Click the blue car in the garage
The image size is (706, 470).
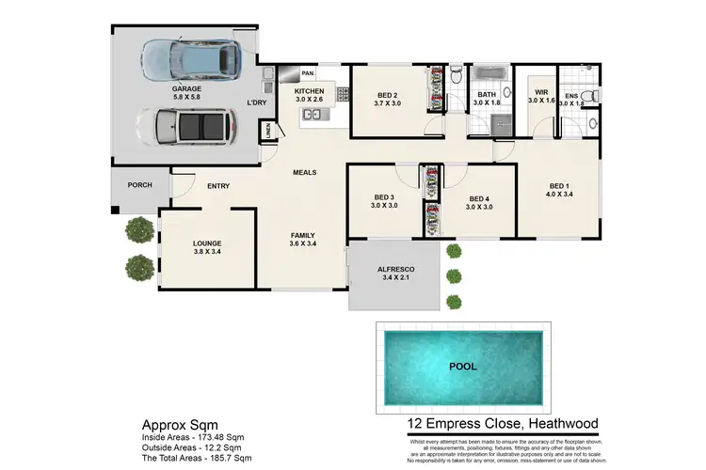[x=190, y=61]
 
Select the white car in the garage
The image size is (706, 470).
[x=186, y=125]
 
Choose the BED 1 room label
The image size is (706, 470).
[x=559, y=188]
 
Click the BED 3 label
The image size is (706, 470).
[x=382, y=198]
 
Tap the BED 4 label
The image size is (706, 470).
[x=480, y=199]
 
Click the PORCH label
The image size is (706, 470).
[x=139, y=184]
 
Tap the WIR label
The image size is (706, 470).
[x=541, y=93]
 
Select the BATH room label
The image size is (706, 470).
[x=486, y=95]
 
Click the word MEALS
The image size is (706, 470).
[x=304, y=173]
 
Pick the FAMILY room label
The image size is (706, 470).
[x=302, y=236]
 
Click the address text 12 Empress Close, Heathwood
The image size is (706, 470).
[x=497, y=423]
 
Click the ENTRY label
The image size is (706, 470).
[x=218, y=186]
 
